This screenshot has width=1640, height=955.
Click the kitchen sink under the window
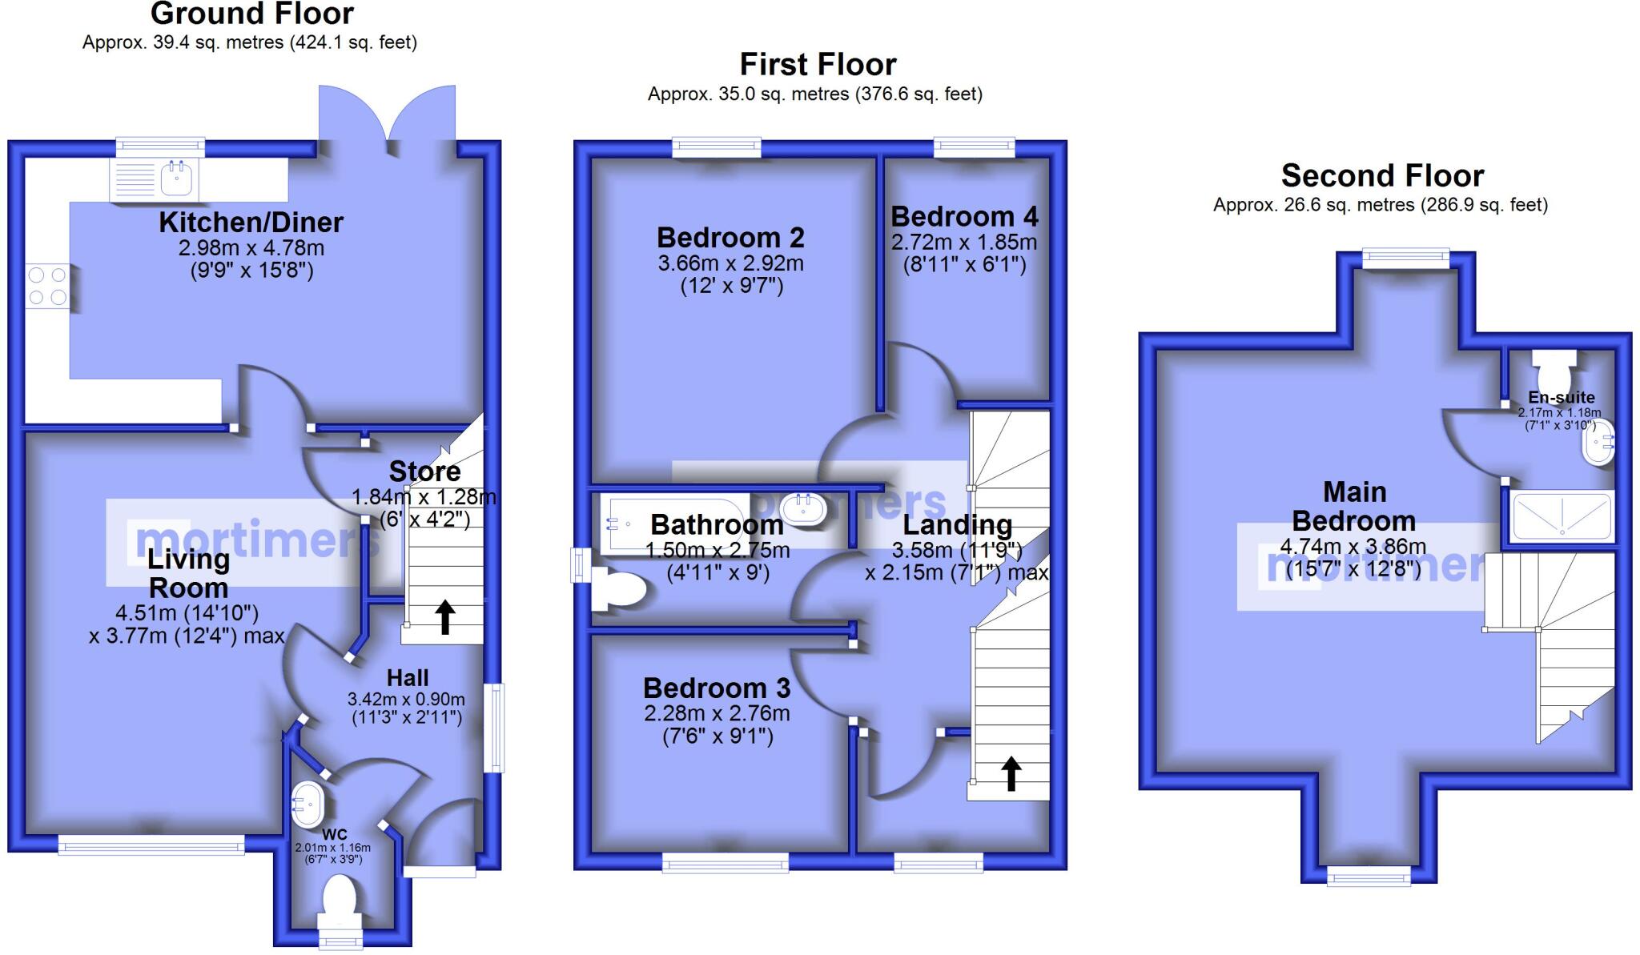(177, 179)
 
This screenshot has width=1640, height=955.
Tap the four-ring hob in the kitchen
(47, 287)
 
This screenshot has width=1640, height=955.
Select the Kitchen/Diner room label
(251, 222)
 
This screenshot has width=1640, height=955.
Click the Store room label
(424, 471)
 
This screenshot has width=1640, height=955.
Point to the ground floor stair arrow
(445, 617)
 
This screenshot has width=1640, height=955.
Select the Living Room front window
(151, 845)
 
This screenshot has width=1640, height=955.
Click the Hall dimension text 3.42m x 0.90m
(406, 699)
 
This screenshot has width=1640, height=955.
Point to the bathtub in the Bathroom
(677, 524)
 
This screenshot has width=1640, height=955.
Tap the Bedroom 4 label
(964, 217)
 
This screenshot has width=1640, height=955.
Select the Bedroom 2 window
(716, 147)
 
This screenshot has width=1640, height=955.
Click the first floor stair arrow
(1011, 773)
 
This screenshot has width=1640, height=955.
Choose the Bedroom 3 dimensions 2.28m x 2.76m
(717, 713)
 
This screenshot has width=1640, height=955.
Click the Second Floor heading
(1382, 175)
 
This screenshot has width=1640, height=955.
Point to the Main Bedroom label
(1354, 506)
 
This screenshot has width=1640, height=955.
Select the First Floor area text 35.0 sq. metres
(814, 94)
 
